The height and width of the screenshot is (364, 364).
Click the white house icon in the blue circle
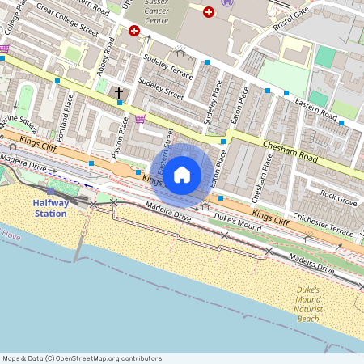[182, 174]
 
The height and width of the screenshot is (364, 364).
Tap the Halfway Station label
[51, 208]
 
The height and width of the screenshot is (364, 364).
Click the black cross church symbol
[119, 94]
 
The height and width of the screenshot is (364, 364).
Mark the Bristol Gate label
[291, 15]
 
